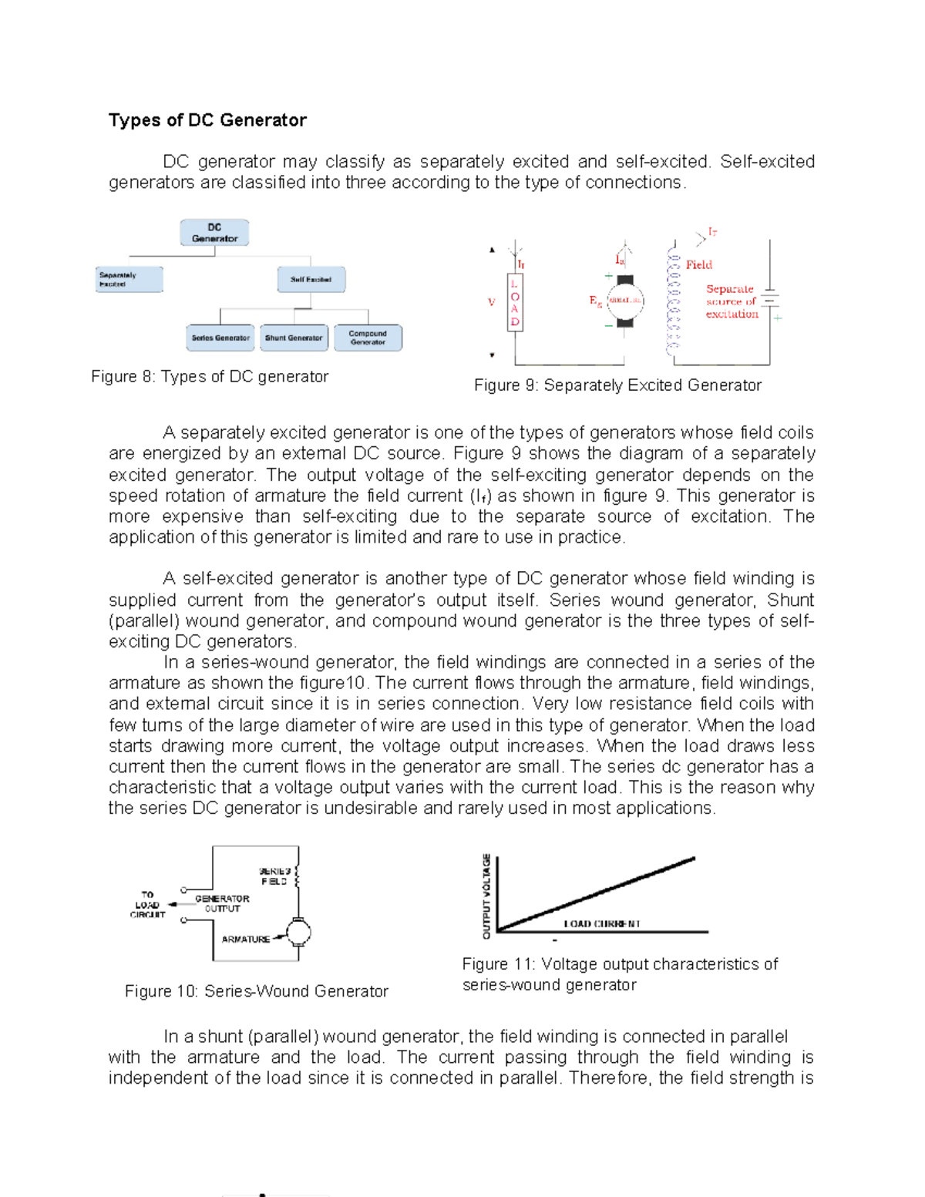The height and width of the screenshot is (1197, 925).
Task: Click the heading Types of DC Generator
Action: coord(207,120)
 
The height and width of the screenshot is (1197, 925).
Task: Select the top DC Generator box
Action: coord(214,233)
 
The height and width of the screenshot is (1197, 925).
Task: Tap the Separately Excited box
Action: coord(129,280)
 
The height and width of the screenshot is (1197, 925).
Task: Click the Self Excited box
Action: coord(311,280)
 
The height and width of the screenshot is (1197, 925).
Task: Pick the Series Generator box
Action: coord(220,338)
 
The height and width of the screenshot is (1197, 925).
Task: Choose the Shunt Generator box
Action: coord(294,338)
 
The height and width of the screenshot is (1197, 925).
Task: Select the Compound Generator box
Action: coord(368,338)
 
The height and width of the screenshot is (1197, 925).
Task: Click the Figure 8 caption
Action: coord(210,377)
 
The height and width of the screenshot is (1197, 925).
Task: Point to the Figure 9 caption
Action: coord(617,385)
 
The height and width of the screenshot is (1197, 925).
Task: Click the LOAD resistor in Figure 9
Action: coord(515,302)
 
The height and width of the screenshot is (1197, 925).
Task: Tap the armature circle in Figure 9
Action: coord(625,301)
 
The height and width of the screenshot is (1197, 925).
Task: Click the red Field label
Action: coord(699,265)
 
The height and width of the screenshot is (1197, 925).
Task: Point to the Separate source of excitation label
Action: coord(732,301)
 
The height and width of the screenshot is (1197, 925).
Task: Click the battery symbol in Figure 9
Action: coord(769,299)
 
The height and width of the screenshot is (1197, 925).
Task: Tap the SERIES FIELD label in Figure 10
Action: coord(274,876)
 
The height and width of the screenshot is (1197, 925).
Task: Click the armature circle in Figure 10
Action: coord(298,933)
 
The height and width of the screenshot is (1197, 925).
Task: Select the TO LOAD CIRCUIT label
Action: coord(147,905)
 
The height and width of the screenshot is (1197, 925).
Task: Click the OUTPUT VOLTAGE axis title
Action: coord(486,896)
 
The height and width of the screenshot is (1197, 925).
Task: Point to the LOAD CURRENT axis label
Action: coord(602,924)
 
